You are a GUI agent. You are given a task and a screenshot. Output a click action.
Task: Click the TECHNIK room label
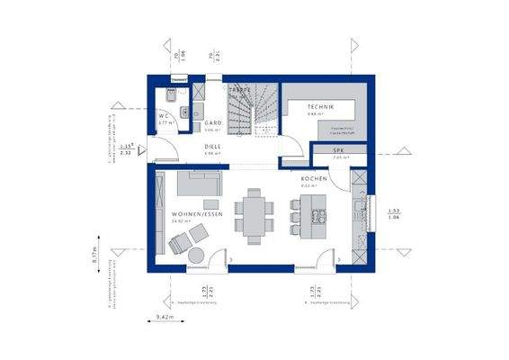(x=319, y=107)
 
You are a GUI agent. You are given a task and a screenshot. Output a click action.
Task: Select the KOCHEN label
(x=315, y=179)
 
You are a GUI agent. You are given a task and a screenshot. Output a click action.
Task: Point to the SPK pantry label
(x=339, y=150)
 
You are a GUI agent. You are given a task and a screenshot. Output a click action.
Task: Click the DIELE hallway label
(x=212, y=146)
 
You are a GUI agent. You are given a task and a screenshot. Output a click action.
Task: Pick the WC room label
(x=165, y=117)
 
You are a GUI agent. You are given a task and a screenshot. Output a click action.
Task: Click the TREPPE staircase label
(x=238, y=92)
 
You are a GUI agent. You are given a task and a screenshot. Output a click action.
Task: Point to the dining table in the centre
(x=254, y=215)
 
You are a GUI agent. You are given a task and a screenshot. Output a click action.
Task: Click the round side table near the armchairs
(x=195, y=256)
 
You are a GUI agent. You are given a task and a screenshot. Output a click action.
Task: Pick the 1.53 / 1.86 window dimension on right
(x=393, y=214)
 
